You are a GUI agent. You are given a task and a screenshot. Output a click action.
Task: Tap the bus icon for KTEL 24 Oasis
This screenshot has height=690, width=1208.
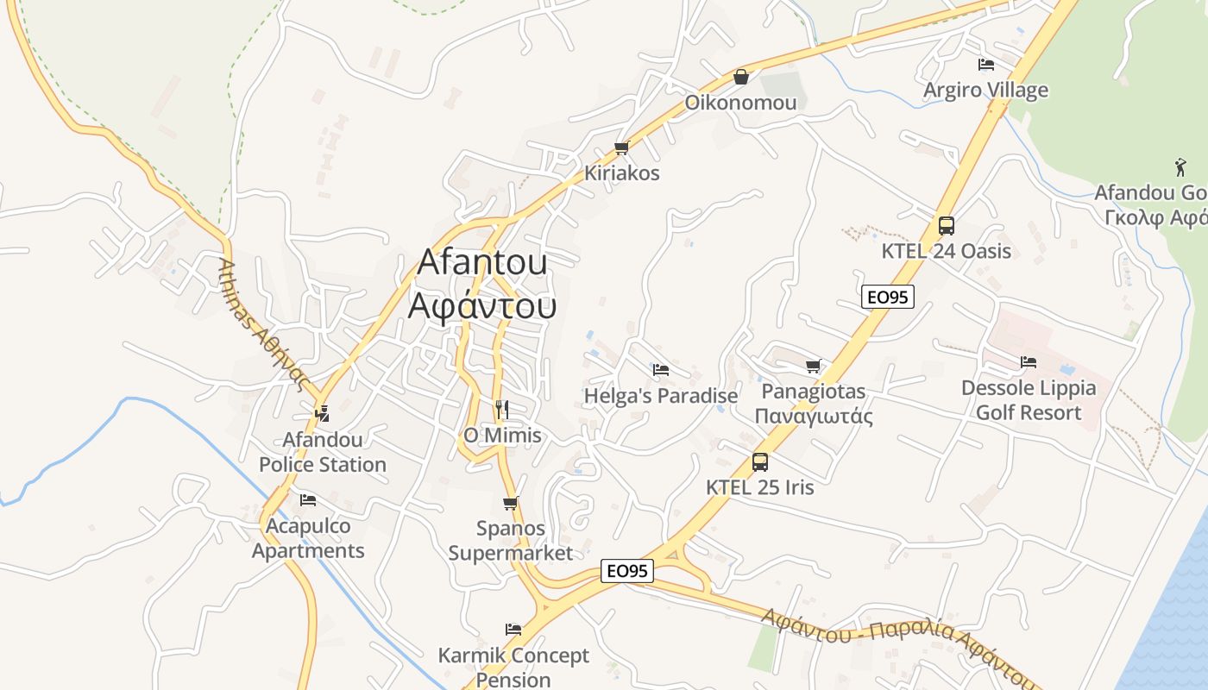click(x=947, y=226)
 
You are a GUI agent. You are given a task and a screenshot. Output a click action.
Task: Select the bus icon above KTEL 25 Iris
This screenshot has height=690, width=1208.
click(x=760, y=461)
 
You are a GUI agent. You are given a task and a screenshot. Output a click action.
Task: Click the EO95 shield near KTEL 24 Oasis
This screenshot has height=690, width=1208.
click(x=887, y=297)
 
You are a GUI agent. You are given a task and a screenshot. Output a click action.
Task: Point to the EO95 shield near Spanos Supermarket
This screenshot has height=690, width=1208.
click(x=627, y=570)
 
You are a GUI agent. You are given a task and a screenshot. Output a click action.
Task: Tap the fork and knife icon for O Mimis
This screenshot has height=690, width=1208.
click(x=502, y=409)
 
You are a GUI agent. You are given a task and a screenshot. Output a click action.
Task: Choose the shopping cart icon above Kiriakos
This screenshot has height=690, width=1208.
click(x=621, y=147)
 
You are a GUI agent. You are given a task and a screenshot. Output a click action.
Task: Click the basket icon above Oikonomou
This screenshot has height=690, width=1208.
click(x=740, y=77)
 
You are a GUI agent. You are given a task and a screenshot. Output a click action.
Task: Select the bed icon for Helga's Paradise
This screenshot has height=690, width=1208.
click(x=661, y=370)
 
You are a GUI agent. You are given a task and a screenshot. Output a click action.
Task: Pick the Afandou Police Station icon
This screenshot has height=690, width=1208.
click(x=322, y=413)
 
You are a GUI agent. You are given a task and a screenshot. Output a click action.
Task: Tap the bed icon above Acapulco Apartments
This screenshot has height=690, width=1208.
click(x=308, y=499)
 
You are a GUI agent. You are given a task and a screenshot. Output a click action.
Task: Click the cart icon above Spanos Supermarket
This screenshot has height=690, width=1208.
click(x=510, y=503)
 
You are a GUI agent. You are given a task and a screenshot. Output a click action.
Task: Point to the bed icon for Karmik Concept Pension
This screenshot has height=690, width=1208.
click(x=513, y=630)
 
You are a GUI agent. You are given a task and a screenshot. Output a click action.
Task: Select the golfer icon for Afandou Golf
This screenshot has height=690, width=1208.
click(x=1180, y=167)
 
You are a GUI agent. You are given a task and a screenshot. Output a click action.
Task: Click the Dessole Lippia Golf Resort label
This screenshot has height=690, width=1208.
click(x=1028, y=400)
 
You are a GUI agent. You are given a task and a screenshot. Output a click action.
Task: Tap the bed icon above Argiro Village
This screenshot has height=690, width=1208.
click(x=985, y=65)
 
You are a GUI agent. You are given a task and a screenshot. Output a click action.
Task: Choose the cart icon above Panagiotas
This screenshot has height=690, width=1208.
click(x=813, y=367)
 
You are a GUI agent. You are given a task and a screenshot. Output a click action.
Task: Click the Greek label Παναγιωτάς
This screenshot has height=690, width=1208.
click(x=813, y=416)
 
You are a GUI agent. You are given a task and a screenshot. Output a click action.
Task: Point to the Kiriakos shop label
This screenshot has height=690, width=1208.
click(x=621, y=172)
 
